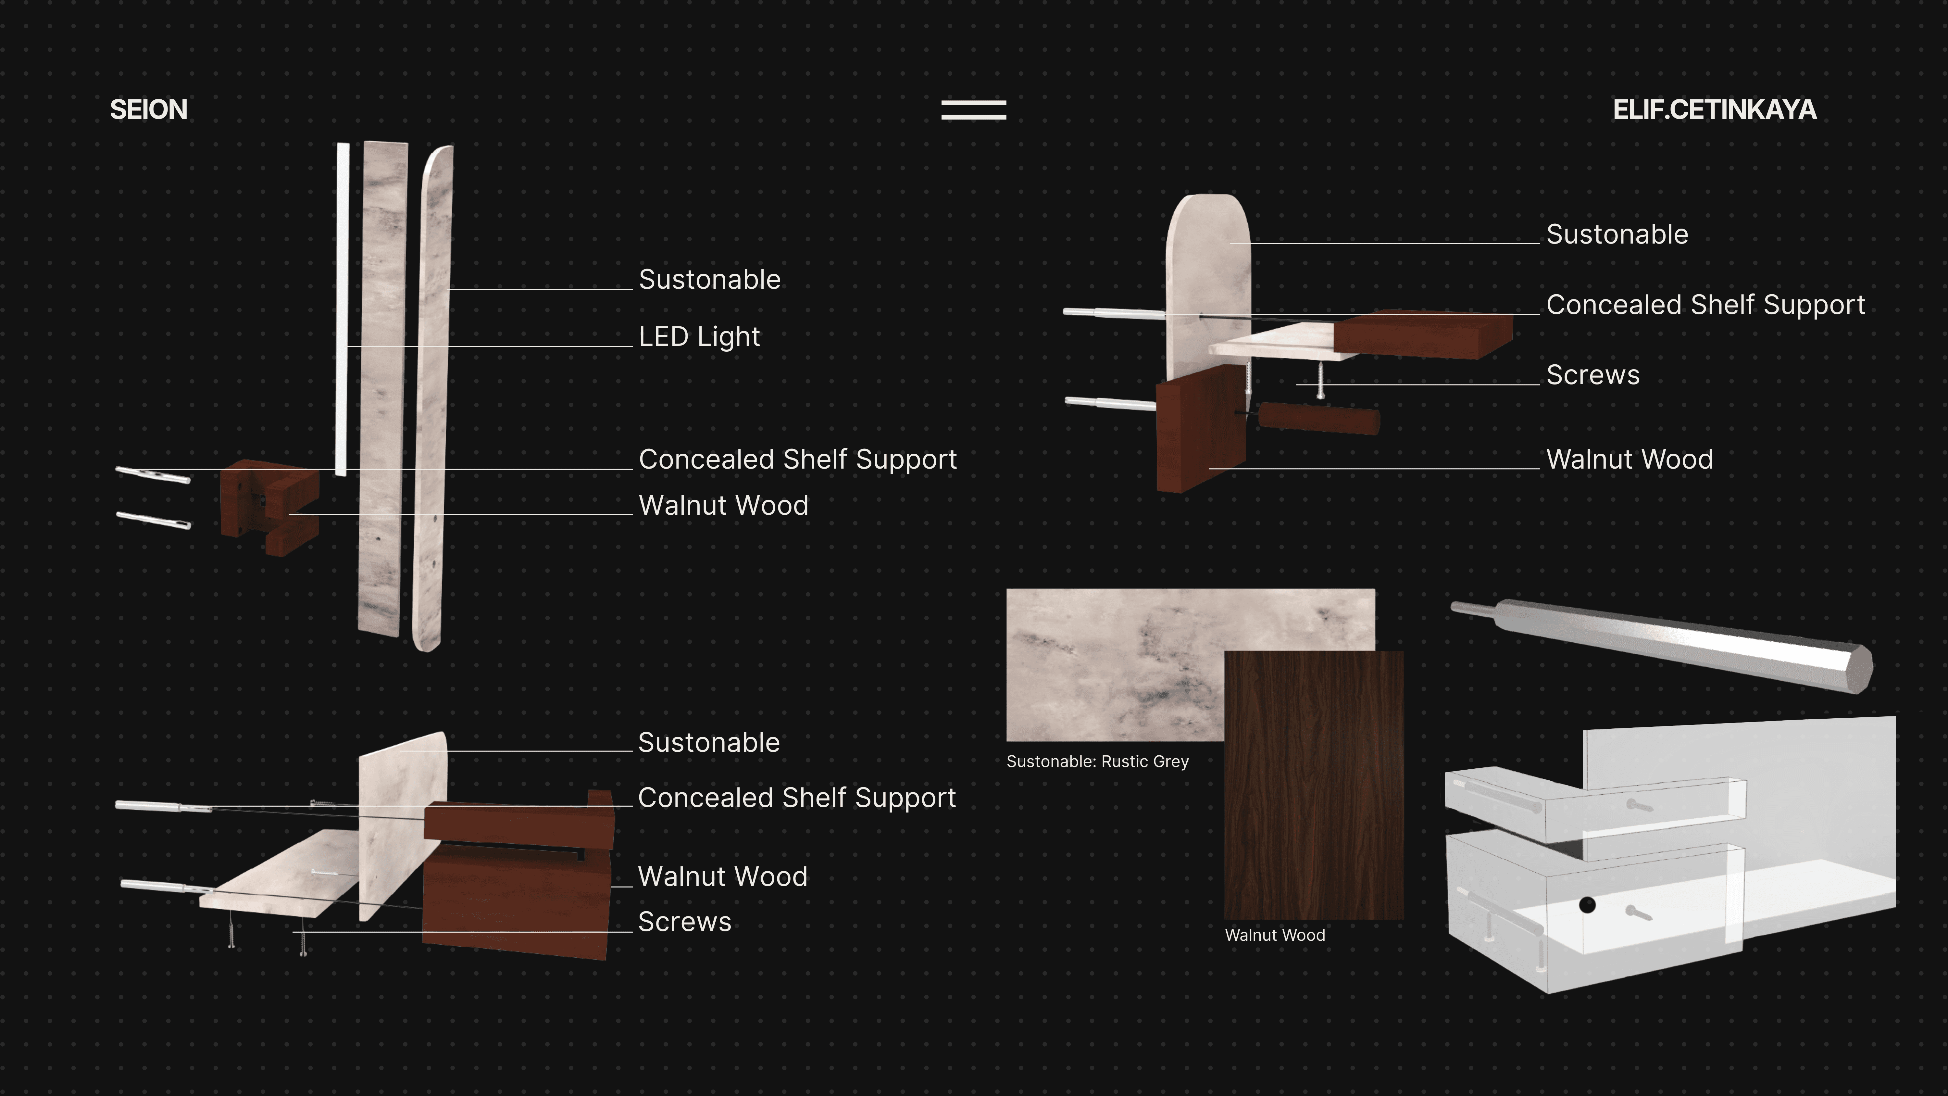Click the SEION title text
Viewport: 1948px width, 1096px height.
(148, 110)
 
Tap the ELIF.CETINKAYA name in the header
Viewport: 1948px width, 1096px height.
(1714, 110)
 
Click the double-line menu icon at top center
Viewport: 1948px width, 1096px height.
(973, 110)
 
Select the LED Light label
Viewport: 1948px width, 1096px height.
(699, 336)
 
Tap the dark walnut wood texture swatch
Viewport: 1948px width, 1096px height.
(1314, 787)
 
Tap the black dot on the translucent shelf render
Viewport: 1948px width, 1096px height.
(1587, 905)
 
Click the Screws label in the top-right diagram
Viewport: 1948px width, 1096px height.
(1592, 375)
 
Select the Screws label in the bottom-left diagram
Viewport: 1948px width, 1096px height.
(684, 922)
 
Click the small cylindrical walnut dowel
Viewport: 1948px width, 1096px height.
(1319, 418)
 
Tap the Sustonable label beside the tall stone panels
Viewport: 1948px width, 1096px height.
(709, 280)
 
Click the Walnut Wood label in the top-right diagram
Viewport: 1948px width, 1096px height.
(1629, 459)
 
